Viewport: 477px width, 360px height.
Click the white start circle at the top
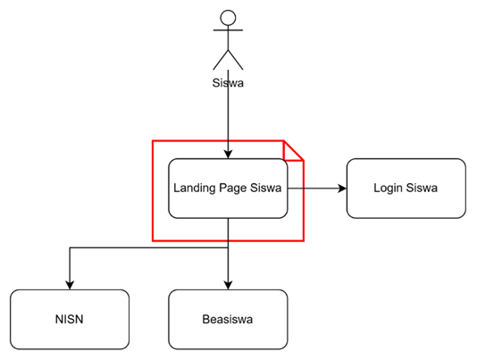(228, 18)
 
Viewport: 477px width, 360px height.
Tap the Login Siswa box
(406, 188)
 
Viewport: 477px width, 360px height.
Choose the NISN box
(69, 319)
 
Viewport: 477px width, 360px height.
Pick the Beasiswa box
(228, 319)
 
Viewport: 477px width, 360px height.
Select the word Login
(388, 188)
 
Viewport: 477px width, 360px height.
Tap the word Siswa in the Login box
(422, 188)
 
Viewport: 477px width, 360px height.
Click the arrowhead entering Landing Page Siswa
(229, 154)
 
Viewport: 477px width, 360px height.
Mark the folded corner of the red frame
(296, 149)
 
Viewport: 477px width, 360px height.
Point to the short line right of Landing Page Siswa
(296, 188)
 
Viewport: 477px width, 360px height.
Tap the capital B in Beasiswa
(205, 319)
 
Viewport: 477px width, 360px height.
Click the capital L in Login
(376, 188)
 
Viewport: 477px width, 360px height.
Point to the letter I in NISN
(63, 319)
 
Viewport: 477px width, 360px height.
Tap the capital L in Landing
(177, 188)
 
